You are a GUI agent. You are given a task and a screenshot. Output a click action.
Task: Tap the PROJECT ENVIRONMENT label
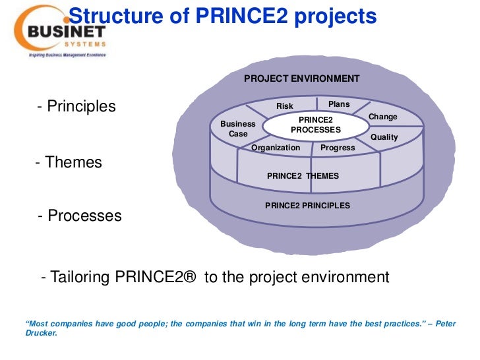coord(301,78)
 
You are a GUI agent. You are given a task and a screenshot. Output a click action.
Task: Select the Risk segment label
coord(285,106)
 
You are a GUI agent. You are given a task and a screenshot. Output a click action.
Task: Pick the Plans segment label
coord(339,104)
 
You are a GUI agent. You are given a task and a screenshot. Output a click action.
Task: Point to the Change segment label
coord(382,117)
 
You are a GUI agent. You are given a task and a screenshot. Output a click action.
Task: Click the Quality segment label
coord(384,137)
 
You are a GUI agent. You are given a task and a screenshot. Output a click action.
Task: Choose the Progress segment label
coord(338,148)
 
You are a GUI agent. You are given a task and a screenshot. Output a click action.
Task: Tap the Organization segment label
coord(276,148)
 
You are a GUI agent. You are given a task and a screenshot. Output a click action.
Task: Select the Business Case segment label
coord(238,129)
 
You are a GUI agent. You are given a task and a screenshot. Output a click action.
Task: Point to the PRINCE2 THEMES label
coord(303,176)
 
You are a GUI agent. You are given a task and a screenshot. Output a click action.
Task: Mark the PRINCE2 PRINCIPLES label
coord(307,206)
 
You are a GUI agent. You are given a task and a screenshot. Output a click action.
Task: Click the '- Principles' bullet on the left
coord(76,106)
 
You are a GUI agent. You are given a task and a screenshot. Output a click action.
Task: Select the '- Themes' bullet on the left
coord(69,162)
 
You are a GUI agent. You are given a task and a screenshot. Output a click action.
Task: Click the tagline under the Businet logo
coord(66,55)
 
